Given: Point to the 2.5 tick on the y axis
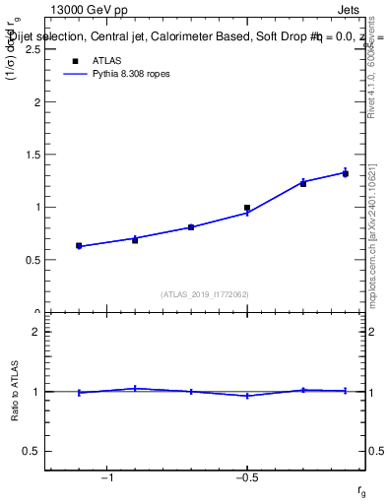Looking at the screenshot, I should coord(32,48).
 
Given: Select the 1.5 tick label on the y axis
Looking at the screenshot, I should coord(32,155).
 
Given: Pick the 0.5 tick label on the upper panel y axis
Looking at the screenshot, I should coord(32,260).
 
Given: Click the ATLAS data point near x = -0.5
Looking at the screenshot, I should coord(247,208).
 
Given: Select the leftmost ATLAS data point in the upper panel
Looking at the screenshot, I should coord(79,245).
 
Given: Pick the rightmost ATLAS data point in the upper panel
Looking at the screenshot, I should coord(346,173).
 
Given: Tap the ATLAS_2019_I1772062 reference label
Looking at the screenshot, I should coord(205,294).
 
